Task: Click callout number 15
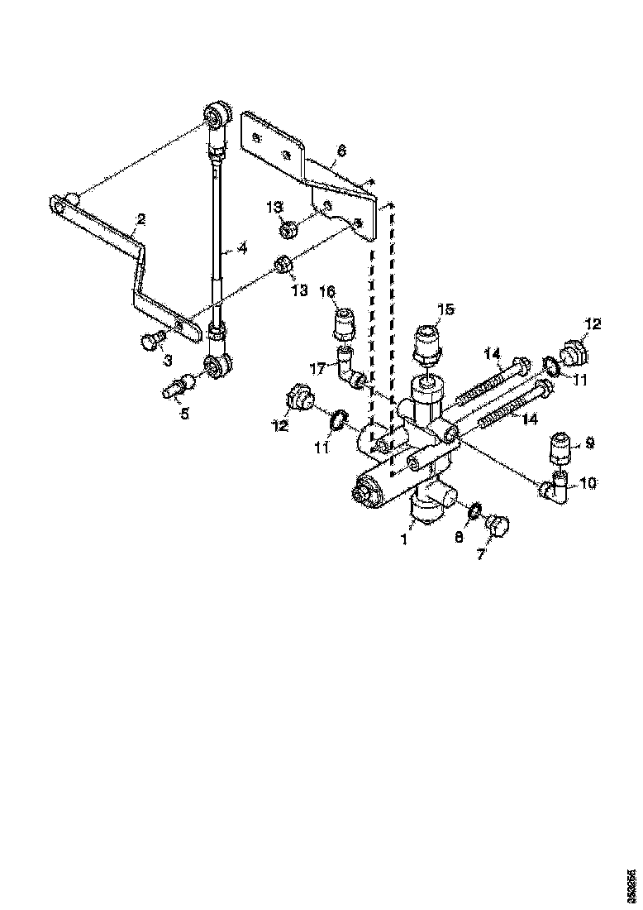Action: [x=445, y=309]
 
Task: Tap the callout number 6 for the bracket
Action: [x=341, y=152]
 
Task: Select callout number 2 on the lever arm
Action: [x=141, y=219]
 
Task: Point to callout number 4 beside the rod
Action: [x=242, y=247]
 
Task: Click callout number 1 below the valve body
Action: [x=406, y=539]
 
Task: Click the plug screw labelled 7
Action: [x=498, y=524]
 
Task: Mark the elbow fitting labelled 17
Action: [x=351, y=370]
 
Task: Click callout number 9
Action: [x=589, y=443]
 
